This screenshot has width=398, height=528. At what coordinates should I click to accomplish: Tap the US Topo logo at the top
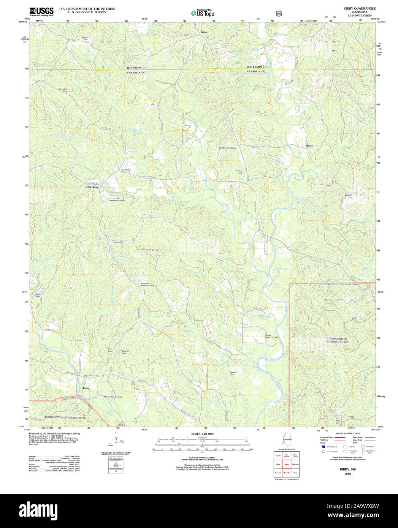coord(202,13)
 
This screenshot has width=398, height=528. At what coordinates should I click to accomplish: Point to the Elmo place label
coord(204,32)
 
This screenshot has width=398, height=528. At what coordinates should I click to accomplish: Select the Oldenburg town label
coord(92,187)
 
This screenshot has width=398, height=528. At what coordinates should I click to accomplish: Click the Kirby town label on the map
coord(86,388)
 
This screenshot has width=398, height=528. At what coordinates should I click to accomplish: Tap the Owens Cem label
coord(84,38)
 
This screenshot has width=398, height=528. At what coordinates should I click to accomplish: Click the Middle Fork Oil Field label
coord(228,148)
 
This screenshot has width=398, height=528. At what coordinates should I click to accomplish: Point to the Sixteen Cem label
coord(240,172)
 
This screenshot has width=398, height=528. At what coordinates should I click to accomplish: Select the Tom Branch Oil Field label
coord(150,250)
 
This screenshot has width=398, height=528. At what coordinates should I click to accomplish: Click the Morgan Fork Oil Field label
coord(113,397)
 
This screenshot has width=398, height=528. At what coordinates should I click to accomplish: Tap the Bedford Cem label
coord(233,373)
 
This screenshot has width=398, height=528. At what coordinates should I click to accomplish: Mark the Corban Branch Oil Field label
coord(271,336)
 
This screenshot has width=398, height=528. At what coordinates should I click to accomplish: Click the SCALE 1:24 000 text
coord(202,434)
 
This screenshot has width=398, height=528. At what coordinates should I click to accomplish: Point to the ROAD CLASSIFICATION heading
coord(347,433)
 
